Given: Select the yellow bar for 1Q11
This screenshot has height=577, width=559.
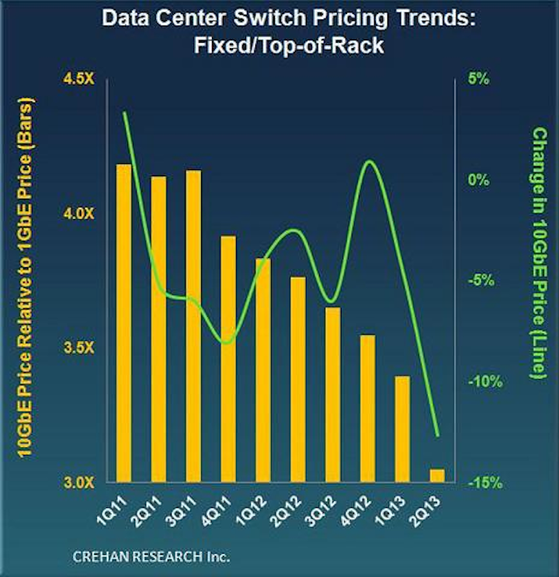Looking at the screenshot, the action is tap(123, 323).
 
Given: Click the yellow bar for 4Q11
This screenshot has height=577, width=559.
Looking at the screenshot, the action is tap(228, 359).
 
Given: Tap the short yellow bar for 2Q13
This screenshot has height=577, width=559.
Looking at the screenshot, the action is tap(437, 476).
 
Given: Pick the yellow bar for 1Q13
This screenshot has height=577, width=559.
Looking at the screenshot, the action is tap(402, 429).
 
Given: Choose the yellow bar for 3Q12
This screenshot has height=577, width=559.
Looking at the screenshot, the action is tap(332, 395).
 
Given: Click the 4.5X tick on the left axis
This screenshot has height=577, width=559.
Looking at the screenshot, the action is tap(78, 79).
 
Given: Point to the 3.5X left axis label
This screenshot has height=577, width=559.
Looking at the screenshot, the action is tap(78, 348).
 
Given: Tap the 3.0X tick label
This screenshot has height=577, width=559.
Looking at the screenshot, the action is tap(78, 482).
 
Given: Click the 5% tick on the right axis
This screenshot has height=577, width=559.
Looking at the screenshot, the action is tap(478, 79).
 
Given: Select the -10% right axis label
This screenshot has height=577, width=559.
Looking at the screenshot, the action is tap(485, 382).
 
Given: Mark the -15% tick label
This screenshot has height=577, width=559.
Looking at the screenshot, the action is tap(485, 483).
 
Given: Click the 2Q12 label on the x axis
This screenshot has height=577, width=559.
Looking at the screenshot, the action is tap(286, 512).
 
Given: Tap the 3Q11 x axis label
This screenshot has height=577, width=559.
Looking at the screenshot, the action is tap(181, 512).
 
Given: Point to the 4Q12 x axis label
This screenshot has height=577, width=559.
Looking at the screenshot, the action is tap(355, 512).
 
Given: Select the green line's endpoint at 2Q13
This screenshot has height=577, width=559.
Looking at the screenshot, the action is tap(438, 436).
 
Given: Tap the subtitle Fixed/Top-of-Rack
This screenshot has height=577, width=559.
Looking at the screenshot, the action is tap(289, 46).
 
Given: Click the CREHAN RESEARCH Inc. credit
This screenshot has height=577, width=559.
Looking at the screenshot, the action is tap(151, 556).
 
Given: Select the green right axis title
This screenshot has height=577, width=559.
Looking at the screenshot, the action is tap(540, 253).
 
